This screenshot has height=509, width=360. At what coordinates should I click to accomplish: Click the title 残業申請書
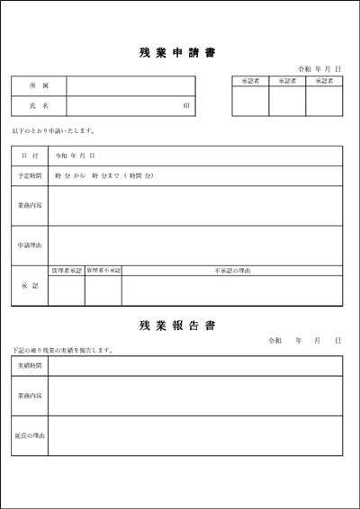(x=178, y=52)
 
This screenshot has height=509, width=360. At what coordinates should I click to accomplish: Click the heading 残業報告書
(x=178, y=325)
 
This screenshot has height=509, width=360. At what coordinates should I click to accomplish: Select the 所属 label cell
(x=39, y=85)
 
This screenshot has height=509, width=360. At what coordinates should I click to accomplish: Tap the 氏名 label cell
(x=39, y=106)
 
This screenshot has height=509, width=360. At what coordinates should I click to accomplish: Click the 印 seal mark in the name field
(x=186, y=106)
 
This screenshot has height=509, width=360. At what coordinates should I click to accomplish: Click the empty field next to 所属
(x=130, y=85)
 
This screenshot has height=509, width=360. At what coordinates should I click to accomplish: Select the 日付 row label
(x=30, y=156)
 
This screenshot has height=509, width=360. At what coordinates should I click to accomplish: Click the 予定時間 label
(x=30, y=175)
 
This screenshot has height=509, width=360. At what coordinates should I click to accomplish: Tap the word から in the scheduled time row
(x=78, y=175)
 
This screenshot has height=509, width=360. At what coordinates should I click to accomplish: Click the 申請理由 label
(x=30, y=245)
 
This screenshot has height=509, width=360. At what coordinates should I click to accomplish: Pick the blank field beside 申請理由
(x=194, y=245)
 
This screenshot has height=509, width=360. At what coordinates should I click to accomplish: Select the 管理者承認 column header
(x=67, y=270)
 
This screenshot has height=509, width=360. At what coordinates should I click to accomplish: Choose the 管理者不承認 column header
(x=103, y=270)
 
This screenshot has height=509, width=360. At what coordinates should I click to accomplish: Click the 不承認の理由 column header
(x=231, y=270)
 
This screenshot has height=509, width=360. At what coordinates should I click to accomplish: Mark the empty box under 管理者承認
(x=67, y=290)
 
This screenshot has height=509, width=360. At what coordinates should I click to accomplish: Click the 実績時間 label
(x=30, y=366)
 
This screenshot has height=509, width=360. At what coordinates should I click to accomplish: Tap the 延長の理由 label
(x=30, y=435)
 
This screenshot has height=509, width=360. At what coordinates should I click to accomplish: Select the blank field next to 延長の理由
(x=194, y=435)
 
